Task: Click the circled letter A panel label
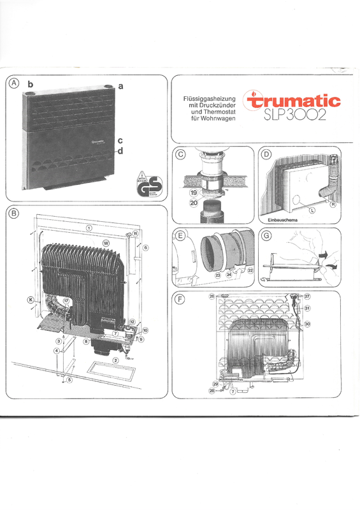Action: pos(13,84)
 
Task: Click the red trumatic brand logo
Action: pos(294,101)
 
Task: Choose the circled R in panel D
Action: pos(333,205)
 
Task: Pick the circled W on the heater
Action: pos(106,243)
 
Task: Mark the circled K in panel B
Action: pos(29,299)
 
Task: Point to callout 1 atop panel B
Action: pos(89,227)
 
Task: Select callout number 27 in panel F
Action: pos(306,296)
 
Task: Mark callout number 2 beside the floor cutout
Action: pos(115,360)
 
